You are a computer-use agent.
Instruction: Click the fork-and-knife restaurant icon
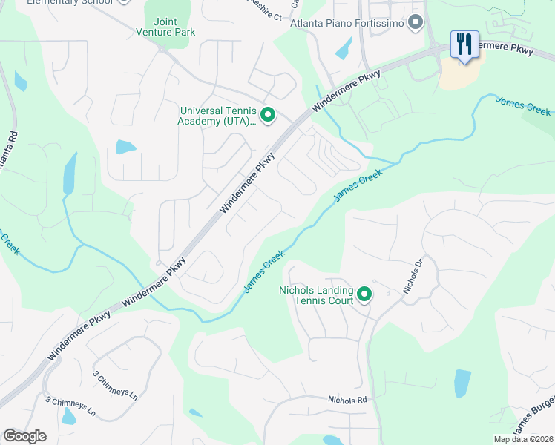[464, 44]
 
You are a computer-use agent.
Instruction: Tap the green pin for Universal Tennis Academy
[268, 115]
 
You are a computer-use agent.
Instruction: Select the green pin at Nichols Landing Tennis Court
[364, 295]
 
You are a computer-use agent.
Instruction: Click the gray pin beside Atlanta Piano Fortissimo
[416, 24]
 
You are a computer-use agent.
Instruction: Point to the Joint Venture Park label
[165, 27]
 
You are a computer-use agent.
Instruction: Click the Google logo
[24, 436]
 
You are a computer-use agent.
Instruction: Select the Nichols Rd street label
[348, 400]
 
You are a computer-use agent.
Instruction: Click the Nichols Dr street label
[413, 277]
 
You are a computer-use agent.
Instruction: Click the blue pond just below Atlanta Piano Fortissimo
[344, 47]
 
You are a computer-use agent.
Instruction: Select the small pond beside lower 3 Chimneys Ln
[68, 417]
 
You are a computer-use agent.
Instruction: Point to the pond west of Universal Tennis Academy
[125, 147]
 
